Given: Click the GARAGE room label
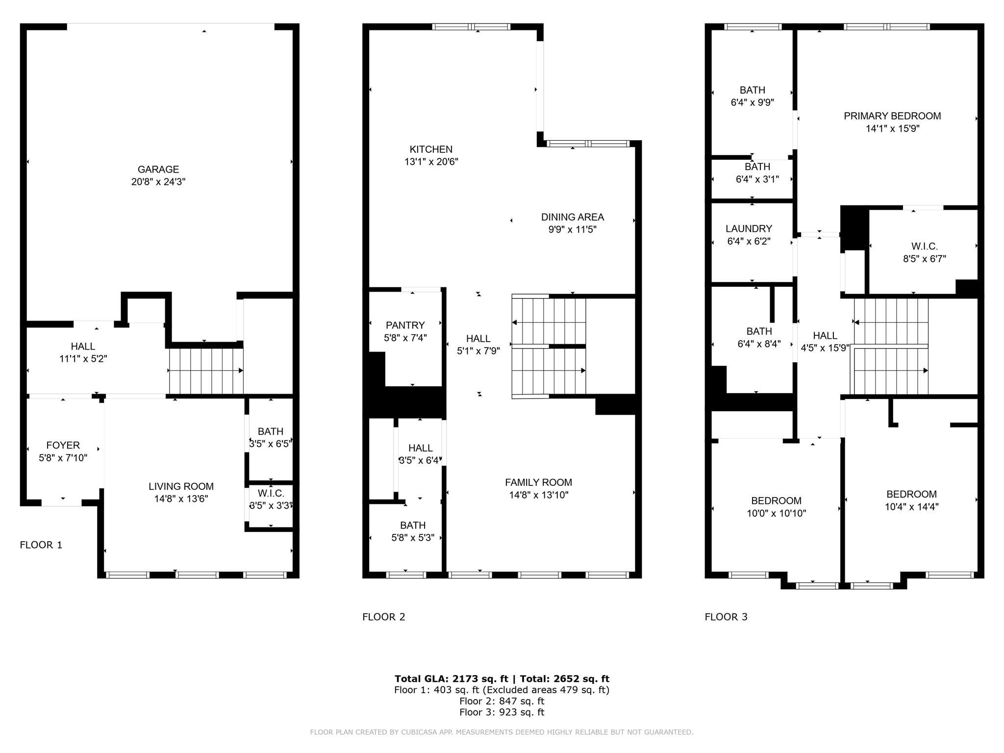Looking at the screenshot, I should [x=158, y=170].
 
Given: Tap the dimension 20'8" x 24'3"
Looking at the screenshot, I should [x=158, y=182].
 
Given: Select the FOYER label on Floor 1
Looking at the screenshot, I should [x=63, y=445].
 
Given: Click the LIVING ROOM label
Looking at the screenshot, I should [x=181, y=486].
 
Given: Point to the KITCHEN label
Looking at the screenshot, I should [x=431, y=150].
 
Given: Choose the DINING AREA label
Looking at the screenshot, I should [x=572, y=217].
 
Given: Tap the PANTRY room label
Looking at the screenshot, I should [x=405, y=326].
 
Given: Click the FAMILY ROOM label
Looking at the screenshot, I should [x=538, y=482].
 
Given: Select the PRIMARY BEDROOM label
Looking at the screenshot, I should [x=892, y=116].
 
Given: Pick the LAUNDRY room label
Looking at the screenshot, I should [x=748, y=229].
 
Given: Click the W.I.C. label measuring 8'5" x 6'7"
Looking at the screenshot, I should [x=924, y=247].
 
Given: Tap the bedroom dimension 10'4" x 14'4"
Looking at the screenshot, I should [x=911, y=507].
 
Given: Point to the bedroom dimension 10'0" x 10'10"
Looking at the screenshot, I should [x=776, y=513].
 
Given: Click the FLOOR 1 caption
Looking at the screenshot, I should [x=41, y=545].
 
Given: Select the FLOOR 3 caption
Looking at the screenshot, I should [x=726, y=617].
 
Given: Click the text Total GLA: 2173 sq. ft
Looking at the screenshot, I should [x=451, y=678].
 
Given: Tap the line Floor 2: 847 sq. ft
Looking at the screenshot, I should [x=502, y=701].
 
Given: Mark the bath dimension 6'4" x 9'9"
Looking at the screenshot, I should [x=752, y=102].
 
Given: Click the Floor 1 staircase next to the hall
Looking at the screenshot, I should [x=206, y=371].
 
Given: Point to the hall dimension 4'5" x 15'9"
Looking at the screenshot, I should [x=825, y=348].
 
